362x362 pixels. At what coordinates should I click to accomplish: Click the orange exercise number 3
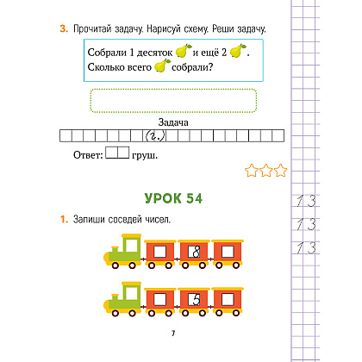point(64,28)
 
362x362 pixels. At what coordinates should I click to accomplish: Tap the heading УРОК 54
point(173,198)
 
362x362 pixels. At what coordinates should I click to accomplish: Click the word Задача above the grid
point(173,122)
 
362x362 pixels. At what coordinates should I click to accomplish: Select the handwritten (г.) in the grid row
point(155,135)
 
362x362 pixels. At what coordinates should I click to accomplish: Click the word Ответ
point(88,155)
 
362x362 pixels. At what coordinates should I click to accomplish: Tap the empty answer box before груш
point(117,153)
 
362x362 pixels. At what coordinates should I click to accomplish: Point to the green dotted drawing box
point(173,101)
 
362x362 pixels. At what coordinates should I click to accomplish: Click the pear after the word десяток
point(183,51)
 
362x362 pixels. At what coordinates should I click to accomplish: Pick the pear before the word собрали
point(162,66)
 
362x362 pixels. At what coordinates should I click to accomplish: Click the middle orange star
point(266,171)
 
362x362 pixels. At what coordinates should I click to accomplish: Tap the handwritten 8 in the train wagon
point(197,252)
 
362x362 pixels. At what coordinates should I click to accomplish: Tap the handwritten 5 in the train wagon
point(197,300)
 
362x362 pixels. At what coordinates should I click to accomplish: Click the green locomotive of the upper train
point(123,251)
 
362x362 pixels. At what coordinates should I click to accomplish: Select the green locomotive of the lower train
point(123,299)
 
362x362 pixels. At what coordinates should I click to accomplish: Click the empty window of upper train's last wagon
point(228,252)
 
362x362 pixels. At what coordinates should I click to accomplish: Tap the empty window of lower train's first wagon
point(159,300)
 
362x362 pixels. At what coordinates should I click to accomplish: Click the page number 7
point(173,334)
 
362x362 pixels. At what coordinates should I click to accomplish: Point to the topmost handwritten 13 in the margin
point(306,201)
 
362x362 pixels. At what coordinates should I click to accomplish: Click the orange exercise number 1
point(64,220)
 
